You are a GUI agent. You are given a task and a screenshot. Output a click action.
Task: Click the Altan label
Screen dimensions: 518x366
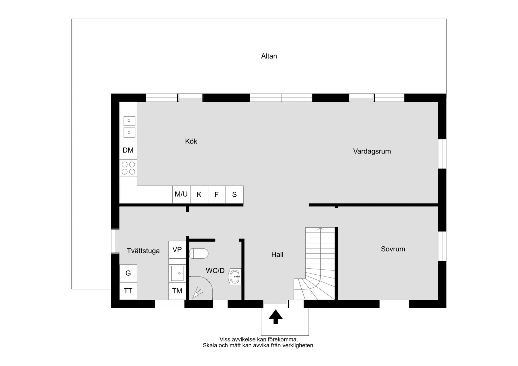[269, 56]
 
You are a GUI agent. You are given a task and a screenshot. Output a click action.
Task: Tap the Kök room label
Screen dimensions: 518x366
[191, 141]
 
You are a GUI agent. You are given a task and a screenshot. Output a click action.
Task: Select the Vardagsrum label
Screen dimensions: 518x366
[372, 151]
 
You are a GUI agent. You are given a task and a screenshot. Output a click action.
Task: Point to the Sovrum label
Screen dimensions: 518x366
[393, 249]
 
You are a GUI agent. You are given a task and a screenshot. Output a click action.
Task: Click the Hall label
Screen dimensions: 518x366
[277, 255]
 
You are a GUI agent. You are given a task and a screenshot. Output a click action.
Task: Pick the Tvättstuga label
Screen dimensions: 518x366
[143, 251]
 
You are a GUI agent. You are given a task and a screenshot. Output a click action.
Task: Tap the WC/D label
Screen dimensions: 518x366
[215, 271]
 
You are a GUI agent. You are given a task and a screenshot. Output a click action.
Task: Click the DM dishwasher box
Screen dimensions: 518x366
[128, 150]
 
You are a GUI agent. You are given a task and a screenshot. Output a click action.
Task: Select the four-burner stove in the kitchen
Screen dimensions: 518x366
[128, 168]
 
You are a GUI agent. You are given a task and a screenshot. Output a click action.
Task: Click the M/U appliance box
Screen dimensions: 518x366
[181, 194]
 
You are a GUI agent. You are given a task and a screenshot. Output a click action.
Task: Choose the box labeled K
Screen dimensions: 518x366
[199, 194]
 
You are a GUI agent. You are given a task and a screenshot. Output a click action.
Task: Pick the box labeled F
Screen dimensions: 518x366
[217, 194]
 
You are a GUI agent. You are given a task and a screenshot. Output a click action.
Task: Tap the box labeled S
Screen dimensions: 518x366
[234, 194]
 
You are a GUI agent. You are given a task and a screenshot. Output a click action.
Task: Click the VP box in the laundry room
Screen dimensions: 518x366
[177, 250]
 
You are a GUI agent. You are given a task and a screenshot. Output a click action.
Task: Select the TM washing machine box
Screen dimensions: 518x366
[177, 291]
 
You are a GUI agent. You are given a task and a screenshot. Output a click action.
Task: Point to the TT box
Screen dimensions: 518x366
[128, 291]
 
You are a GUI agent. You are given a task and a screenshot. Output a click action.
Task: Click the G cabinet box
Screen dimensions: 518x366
[128, 273]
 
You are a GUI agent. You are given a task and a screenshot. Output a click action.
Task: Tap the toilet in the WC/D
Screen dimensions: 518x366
[199, 254]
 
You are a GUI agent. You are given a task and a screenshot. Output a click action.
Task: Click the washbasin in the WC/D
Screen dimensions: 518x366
[235, 276]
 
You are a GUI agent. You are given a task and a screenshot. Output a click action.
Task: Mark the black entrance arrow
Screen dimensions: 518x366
[275, 317]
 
